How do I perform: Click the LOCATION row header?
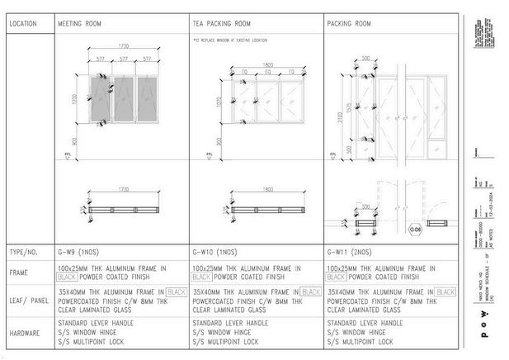[22, 23]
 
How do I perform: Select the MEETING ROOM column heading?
[79, 23]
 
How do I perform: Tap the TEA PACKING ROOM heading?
[221, 23]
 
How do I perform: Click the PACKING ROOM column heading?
[348, 23]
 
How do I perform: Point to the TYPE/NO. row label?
[23, 250]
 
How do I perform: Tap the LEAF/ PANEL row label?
[28, 296]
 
